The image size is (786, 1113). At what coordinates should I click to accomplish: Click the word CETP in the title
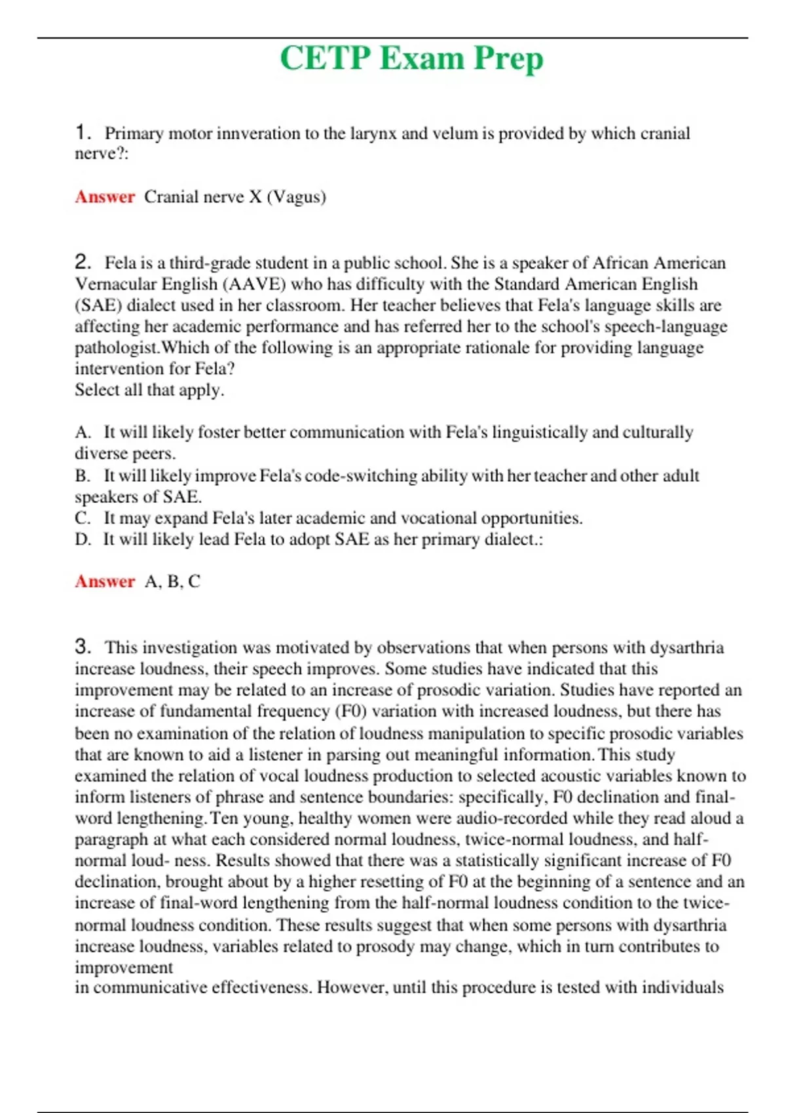325,58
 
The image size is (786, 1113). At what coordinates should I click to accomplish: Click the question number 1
81,132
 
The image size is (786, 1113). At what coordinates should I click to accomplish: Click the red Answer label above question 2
105,197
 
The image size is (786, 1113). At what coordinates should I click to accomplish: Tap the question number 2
82,263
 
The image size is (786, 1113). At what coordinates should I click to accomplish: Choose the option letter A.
81,432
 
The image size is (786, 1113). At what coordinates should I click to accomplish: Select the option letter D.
82,539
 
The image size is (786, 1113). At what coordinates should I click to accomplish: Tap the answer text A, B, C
172,581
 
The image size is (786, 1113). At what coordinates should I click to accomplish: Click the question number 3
82,647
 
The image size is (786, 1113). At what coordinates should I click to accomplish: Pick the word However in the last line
352,987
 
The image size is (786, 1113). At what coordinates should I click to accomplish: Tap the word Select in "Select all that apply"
97,390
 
